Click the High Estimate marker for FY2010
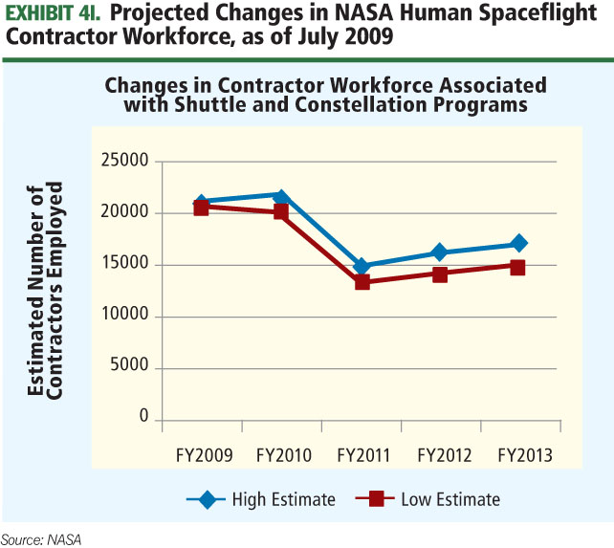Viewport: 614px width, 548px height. click(x=280, y=196)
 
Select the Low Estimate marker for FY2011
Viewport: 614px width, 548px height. click(x=362, y=282)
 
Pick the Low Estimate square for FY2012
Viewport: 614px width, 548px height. click(x=440, y=274)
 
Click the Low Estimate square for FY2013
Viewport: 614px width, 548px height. click(x=517, y=267)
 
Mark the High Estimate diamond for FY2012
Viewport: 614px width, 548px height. click(x=440, y=252)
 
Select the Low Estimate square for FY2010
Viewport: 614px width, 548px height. click(x=280, y=211)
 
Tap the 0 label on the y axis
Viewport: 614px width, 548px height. click(x=143, y=419)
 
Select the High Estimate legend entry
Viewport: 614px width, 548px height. click(x=262, y=498)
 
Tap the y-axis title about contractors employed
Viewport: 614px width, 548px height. click(x=48, y=290)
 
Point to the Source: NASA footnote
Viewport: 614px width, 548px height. click(x=41, y=539)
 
